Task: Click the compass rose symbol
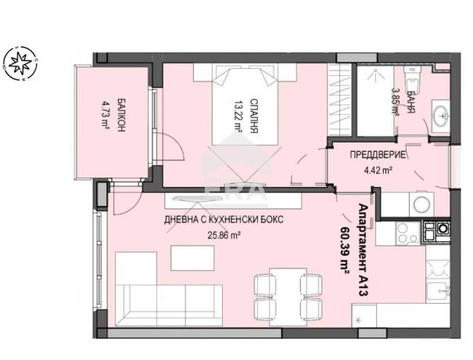pyautogui.click(x=20, y=63)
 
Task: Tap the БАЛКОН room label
pyautogui.click(x=121, y=115)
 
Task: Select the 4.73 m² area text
pyautogui.click(x=106, y=115)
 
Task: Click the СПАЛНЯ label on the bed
pyautogui.click(x=254, y=116)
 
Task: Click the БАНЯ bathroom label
pyautogui.click(x=410, y=102)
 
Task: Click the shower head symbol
pyautogui.click(x=375, y=74)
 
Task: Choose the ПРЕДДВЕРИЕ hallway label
pyautogui.click(x=378, y=155)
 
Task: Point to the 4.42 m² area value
pyautogui.click(x=378, y=171)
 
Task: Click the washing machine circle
pyautogui.click(x=421, y=204)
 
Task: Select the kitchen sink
pyautogui.click(x=438, y=290)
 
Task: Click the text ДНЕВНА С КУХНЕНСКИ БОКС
pyautogui.click(x=224, y=220)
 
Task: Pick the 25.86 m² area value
pyautogui.click(x=224, y=235)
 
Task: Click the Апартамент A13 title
pyautogui.click(x=363, y=250)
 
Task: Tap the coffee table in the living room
pyautogui.click(x=192, y=258)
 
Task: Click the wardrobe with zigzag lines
pyautogui.click(x=339, y=99)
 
